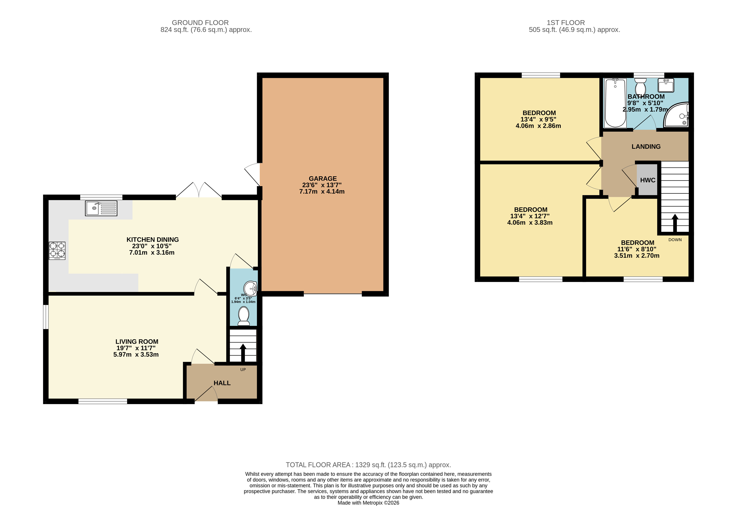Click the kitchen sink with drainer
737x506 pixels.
coord(101,208)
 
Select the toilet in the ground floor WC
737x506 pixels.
coord(244,316)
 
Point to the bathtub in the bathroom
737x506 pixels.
coord(615,103)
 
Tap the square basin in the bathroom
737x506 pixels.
coord(666,85)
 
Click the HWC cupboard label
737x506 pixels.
coord(647,180)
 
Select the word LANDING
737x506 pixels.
coord(646,147)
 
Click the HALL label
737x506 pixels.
coord(222,383)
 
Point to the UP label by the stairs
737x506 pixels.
coord(243,370)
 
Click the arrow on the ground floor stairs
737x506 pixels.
coord(243,353)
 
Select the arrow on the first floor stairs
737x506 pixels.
coord(675,223)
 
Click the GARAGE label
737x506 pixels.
coord(323,179)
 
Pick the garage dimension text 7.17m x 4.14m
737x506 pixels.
coord(322,192)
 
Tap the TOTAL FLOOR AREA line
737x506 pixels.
coord(368,465)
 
